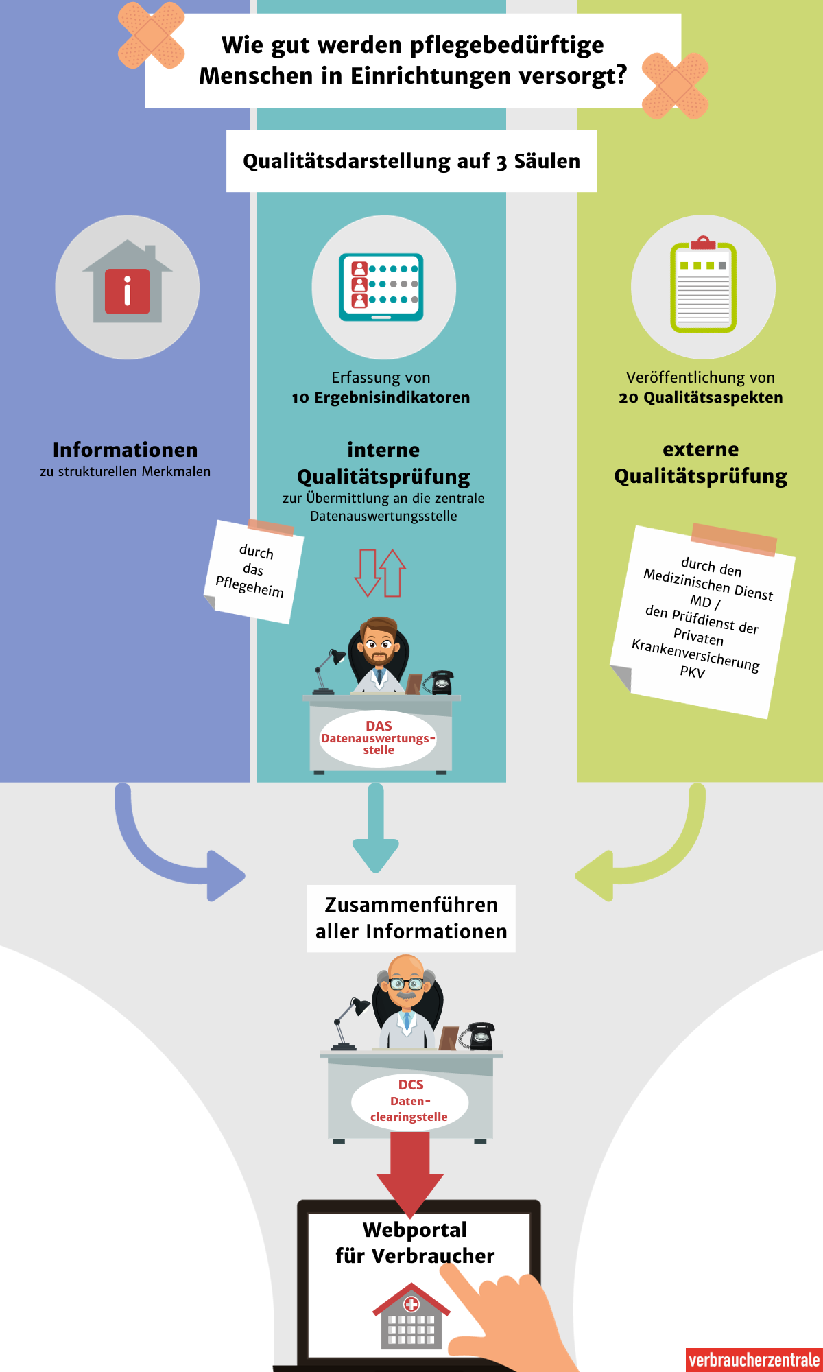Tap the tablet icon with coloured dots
click(381, 287)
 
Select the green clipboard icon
click(703, 287)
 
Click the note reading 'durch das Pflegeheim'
click(253, 571)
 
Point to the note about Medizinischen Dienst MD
click(703, 621)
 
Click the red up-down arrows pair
click(380, 573)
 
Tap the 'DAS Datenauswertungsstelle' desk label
click(378, 738)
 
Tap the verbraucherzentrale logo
click(754, 1360)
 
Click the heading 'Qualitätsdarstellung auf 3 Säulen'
click(411, 161)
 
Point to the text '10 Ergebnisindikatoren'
click(381, 398)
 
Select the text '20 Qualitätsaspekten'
click(700, 398)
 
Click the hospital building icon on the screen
click(411, 1317)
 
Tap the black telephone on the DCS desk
click(479, 1036)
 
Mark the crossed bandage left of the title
click(151, 36)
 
